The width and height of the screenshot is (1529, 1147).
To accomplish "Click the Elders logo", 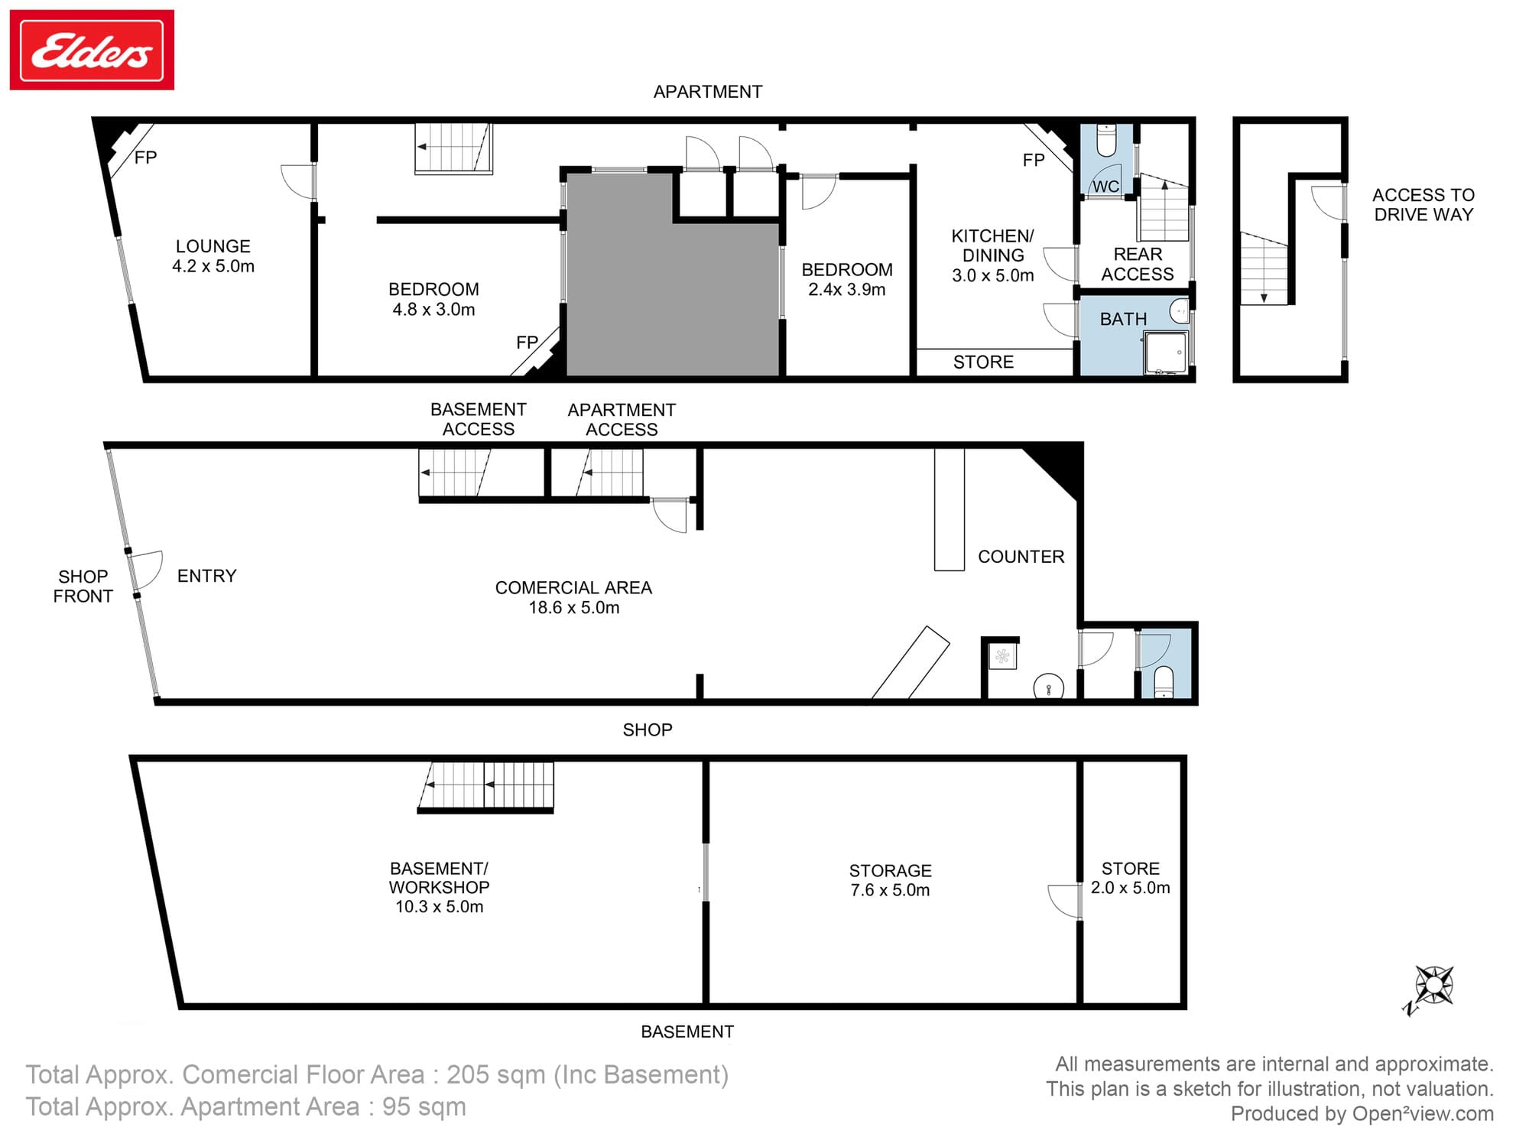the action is (x=92, y=50).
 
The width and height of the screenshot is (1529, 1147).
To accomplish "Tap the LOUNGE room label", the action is (x=213, y=256).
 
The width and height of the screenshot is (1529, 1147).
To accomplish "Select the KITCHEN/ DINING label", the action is (x=993, y=255).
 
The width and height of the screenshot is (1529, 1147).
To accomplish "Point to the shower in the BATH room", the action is (x=1166, y=353).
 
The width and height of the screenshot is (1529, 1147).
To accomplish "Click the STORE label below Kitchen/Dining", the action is (x=983, y=362).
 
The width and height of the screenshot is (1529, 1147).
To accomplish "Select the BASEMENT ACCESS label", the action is (x=479, y=419).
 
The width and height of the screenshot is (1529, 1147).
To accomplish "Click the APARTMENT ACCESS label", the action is (x=622, y=420).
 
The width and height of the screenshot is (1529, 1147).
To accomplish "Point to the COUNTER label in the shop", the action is (x=1021, y=557).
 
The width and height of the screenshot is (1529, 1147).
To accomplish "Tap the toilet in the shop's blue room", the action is (x=1163, y=682).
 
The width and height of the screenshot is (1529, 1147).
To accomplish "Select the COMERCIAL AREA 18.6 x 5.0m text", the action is (x=573, y=598).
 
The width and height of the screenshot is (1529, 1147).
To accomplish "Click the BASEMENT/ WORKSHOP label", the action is (x=439, y=888).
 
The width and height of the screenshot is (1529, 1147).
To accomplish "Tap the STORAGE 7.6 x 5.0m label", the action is (x=891, y=880).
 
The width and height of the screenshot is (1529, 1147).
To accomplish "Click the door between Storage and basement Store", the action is (x=1065, y=902).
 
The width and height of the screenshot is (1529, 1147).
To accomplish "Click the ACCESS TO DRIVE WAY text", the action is (x=1423, y=205).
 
